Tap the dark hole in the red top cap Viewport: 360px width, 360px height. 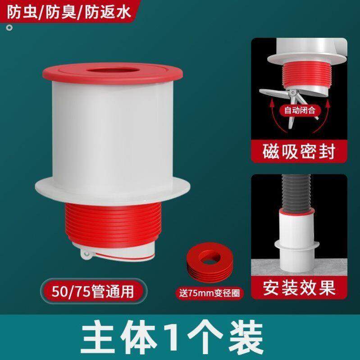coord(112,72)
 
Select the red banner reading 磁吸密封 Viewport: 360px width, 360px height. coord(299,151)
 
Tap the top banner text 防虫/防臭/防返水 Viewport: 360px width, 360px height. coord(68,13)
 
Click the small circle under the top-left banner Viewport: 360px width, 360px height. coord(9,28)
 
